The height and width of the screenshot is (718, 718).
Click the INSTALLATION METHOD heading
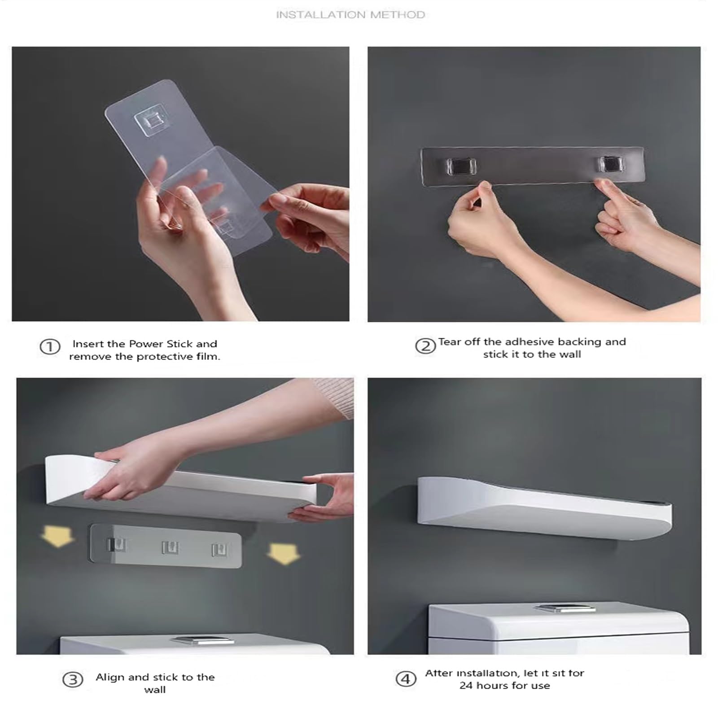point(350,15)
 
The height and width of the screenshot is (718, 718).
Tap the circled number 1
point(50,347)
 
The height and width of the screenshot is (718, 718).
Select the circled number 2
point(425,346)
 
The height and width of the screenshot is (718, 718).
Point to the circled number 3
point(73,680)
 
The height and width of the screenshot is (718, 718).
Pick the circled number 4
point(406,679)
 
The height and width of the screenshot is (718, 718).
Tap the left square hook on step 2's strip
point(461,166)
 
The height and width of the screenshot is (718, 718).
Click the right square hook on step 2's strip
point(611,164)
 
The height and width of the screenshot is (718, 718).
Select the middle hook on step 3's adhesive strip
point(170,547)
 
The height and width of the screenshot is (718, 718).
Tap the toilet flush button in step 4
point(557,608)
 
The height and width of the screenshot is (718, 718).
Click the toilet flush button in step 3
point(201,640)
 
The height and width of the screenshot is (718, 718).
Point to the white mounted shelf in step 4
point(545,508)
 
